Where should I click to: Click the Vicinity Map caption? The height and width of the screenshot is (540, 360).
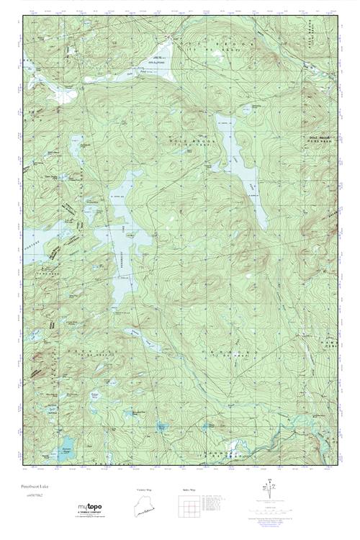coord(145,490)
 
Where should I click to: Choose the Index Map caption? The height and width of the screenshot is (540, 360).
coord(186,490)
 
